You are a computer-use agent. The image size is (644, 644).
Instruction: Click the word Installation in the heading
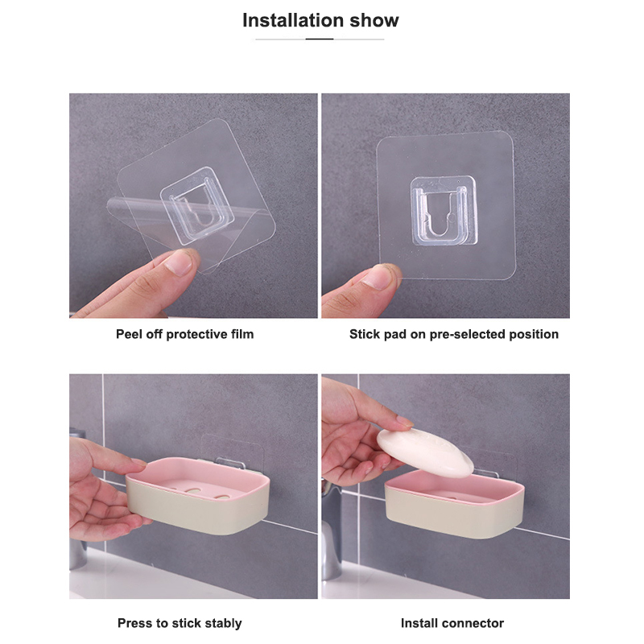tap(293, 20)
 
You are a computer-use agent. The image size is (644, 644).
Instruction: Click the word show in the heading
tap(374, 21)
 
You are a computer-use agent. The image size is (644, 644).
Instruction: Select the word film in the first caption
tap(242, 334)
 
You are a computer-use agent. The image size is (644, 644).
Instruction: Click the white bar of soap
tap(425, 452)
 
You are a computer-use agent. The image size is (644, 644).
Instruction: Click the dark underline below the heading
tap(320, 39)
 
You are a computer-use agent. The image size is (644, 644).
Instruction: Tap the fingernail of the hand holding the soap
tap(405, 421)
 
